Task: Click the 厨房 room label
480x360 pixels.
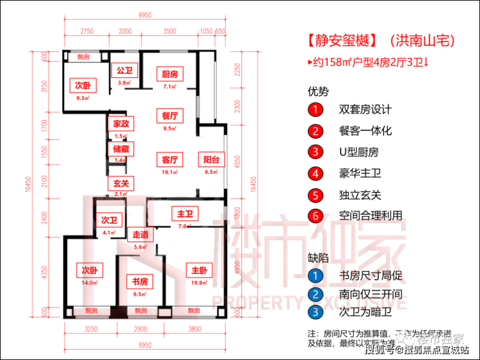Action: [x=170, y=74]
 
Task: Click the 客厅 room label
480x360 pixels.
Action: [x=170, y=160]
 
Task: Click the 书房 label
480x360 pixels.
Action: [x=139, y=282]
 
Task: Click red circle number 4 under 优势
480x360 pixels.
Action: [x=315, y=173]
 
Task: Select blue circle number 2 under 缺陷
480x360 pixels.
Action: [x=315, y=294]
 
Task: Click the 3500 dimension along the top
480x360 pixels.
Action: [x=170, y=30]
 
